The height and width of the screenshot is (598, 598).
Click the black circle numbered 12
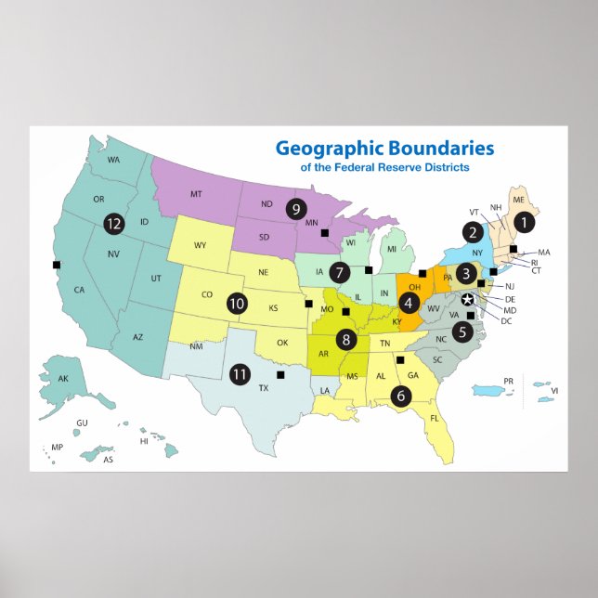pyautogui.click(x=114, y=223)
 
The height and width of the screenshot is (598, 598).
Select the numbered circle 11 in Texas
pyautogui.click(x=240, y=374)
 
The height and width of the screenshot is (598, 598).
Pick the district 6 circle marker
pyautogui.click(x=401, y=395)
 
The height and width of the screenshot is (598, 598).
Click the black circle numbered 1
pyautogui.click(x=526, y=222)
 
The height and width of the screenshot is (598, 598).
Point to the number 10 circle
pyautogui.click(x=237, y=303)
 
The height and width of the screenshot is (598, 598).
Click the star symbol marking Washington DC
pyautogui.click(x=468, y=299)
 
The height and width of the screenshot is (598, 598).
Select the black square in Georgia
pyautogui.click(x=401, y=360)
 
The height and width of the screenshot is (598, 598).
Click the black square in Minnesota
pyautogui.click(x=325, y=233)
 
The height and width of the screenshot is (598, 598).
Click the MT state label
pyautogui.click(x=196, y=194)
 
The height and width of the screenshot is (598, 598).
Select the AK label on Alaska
pyautogui.click(x=63, y=379)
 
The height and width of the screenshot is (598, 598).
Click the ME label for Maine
pyautogui.click(x=518, y=199)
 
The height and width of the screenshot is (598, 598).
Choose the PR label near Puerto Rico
pyautogui.click(x=508, y=381)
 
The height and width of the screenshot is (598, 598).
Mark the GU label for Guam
pyautogui.click(x=82, y=422)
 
